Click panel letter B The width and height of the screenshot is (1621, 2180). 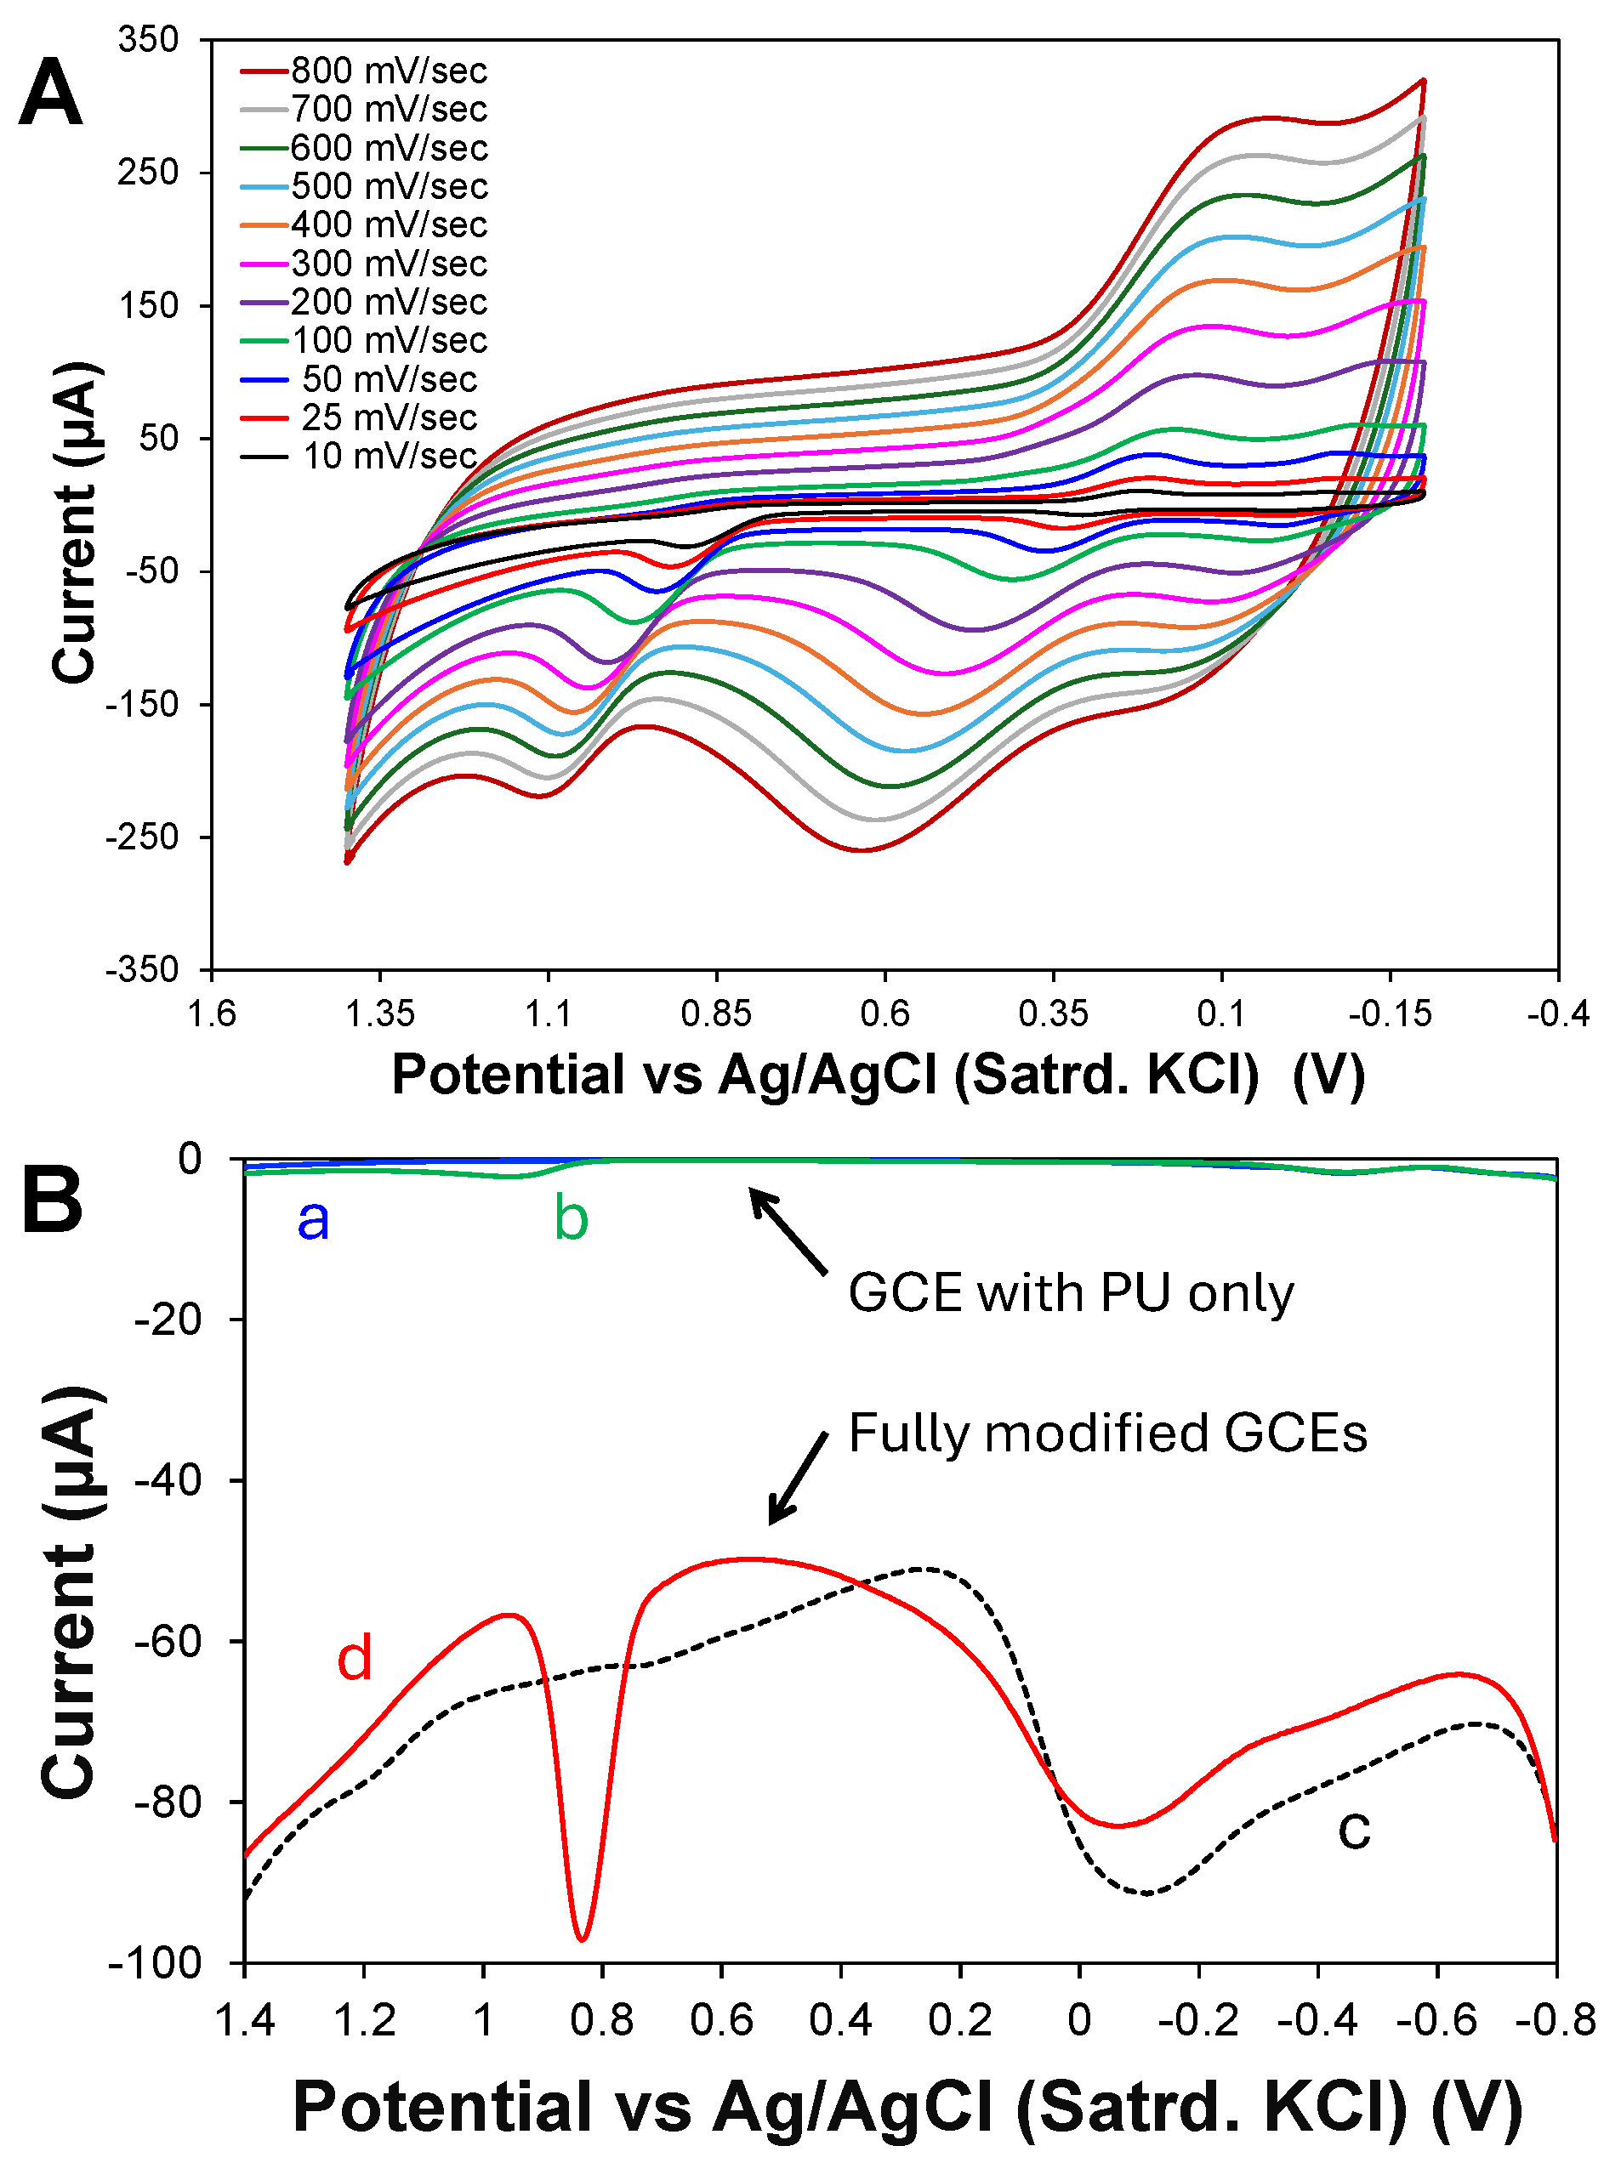click(x=51, y=1200)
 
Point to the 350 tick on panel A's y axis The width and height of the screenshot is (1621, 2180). click(x=148, y=40)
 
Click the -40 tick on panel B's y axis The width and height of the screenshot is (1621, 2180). click(x=168, y=1479)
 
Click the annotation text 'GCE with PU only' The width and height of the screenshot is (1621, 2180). click(x=1071, y=1292)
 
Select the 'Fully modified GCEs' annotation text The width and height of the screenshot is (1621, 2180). click(x=1106, y=1433)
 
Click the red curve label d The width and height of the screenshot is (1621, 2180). click(x=355, y=1658)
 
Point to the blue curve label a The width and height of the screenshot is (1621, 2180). click(x=313, y=1218)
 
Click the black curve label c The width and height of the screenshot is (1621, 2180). click(x=1354, y=1828)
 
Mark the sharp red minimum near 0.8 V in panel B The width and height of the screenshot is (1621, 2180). click(x=583, y=1939)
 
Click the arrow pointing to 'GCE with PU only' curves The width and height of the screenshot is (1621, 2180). click(x=790, y=1232)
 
